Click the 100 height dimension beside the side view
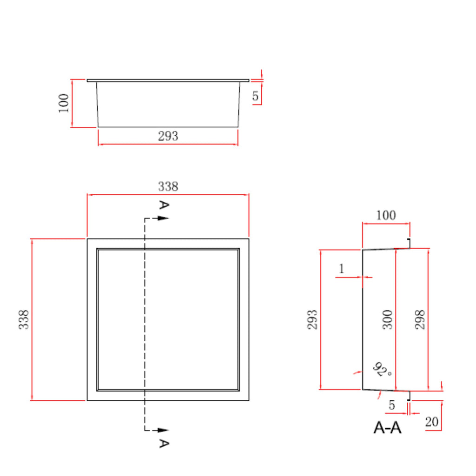(x=64, y=103)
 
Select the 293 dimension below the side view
(x=168, y=136)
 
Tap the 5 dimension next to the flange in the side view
(x=255, y=96)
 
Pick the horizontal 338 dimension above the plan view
(x=168, y=186)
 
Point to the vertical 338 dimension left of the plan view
(x=24, y=319)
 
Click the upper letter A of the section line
(x=164, y=205)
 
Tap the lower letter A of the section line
(x=164, y=443)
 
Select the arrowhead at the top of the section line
(x=163, y=218)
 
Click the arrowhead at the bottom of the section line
(x=163, y=430)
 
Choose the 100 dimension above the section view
(x=386, y=215)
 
